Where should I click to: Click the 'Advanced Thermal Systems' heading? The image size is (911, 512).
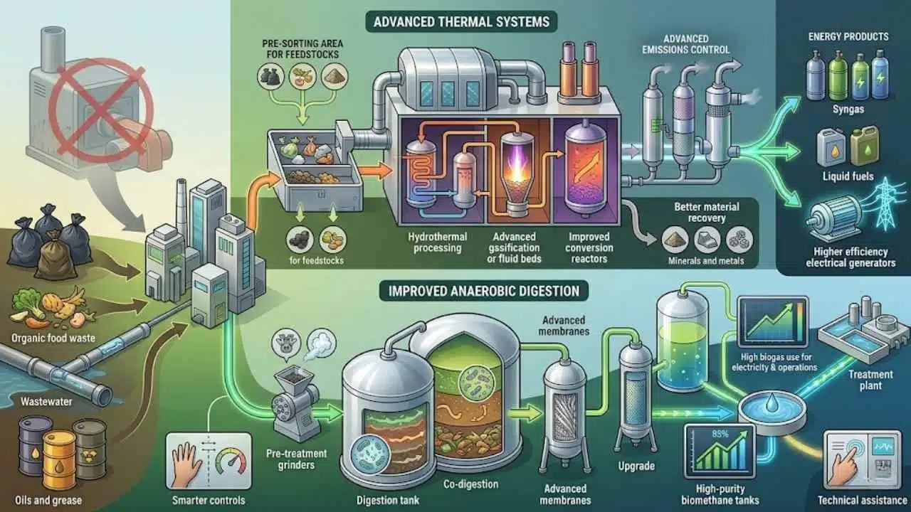click(x=461, y=21)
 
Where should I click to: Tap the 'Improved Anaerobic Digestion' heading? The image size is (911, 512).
click(x=483, y=291)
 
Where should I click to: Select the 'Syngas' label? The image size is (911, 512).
click(x=848, y=110)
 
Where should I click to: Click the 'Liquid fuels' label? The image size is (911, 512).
click(x=848, y=176)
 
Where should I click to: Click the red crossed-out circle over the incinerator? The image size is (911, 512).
click(x=101, y=111)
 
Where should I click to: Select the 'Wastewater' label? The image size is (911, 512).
click(x=46, y=402)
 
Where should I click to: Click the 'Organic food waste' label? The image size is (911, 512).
click(x=53, y=338)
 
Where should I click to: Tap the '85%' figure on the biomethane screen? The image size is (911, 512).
click(x=720, y=434)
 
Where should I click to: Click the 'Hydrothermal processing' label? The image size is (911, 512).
click(x=437, y=242)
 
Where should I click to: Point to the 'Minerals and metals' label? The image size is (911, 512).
click(x=707, y=260)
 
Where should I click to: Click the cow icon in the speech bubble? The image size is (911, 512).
click(x=286, y=343)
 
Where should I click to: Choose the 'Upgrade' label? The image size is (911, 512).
click(x=636, y=466)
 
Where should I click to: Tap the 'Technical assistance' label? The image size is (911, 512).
click(x=861, y=500)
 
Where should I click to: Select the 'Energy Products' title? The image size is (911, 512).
click(x=848, y=36)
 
